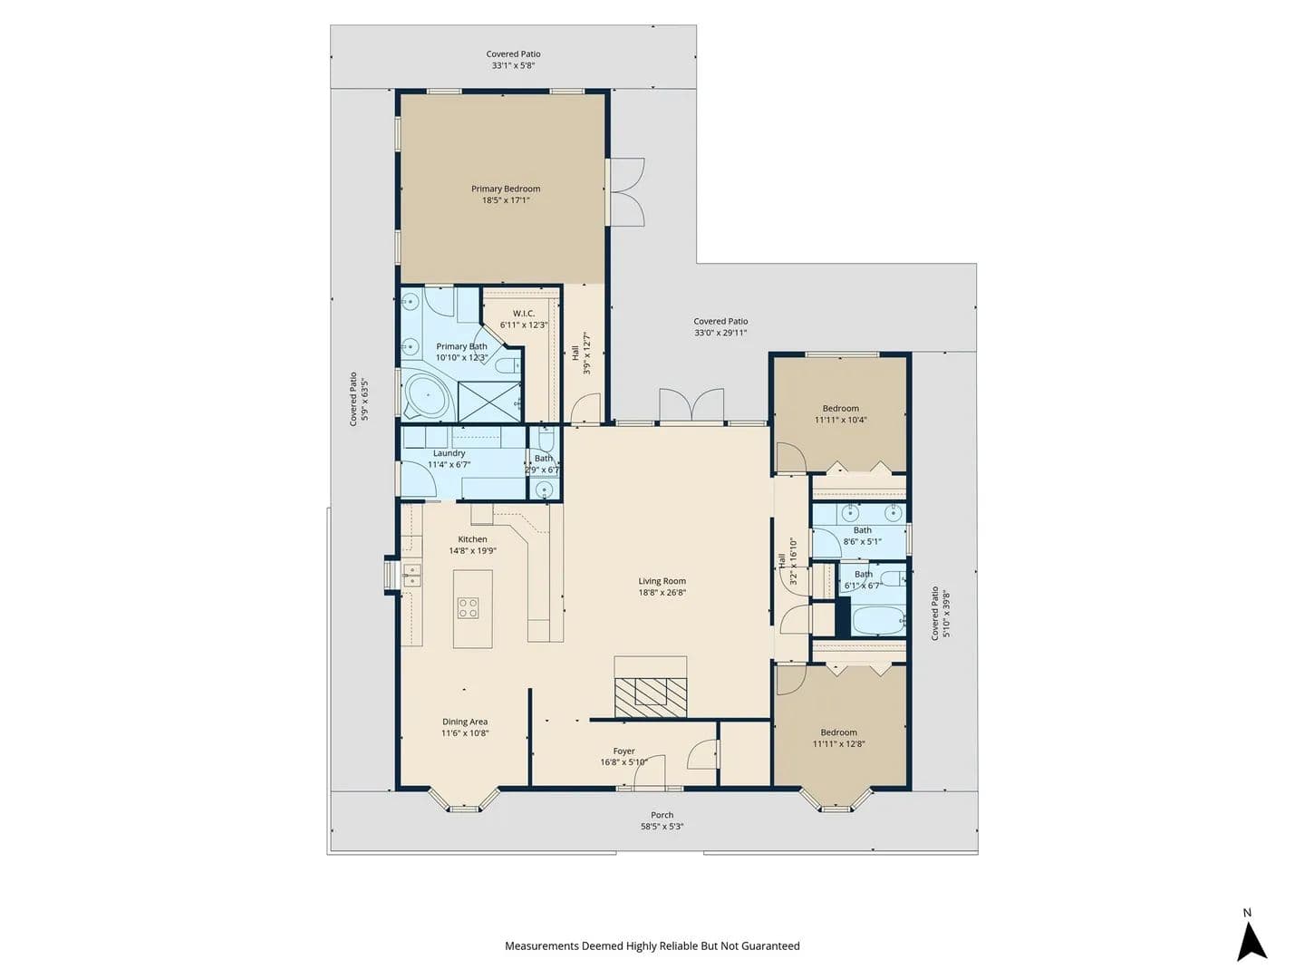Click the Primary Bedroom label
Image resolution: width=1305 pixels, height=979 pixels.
[x=506, y=189]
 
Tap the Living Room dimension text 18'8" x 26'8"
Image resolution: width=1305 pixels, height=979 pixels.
[x=662, y=592]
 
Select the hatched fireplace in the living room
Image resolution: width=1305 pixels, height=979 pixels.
[x=651, y=697]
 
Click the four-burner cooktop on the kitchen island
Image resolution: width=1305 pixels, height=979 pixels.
[x=468, y=608]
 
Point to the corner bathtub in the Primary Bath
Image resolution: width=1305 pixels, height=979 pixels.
[x=426, y=393]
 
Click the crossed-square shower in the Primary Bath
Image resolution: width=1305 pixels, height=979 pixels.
[x=489, y=402]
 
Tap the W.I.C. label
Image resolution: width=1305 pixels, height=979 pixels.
[x=523, y=314]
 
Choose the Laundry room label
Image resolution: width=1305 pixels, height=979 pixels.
[x=449, y=453]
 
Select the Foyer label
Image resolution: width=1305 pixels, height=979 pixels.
[x=623, y=751]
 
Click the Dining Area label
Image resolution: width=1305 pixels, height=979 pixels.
[x=464, y=722]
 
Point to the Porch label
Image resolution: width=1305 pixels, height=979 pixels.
[x=662, y=815]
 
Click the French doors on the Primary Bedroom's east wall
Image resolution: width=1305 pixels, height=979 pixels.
[x=625, y=191]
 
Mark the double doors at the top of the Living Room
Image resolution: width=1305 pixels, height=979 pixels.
[x=691, y=406]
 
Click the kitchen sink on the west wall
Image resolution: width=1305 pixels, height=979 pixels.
[x=411, y=575]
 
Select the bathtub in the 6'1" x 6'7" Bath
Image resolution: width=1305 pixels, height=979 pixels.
[x=878, y=621]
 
